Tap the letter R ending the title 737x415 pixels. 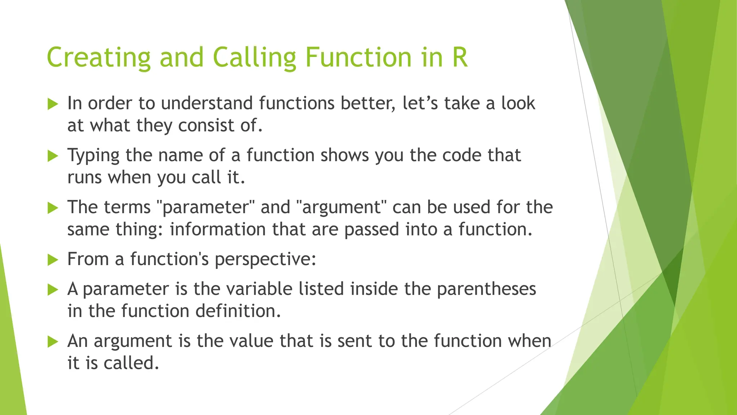click(x=460, y=58)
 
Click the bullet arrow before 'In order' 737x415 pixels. click(x=53, y=104)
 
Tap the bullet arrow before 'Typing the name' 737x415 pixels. click(x=53, y=156)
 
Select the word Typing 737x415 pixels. click(x=93, y=156)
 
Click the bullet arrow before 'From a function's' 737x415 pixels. click(x=53, y=260)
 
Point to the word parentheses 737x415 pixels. click(x=487, y=289)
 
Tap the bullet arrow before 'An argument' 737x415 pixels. click(x=53, y=342)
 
